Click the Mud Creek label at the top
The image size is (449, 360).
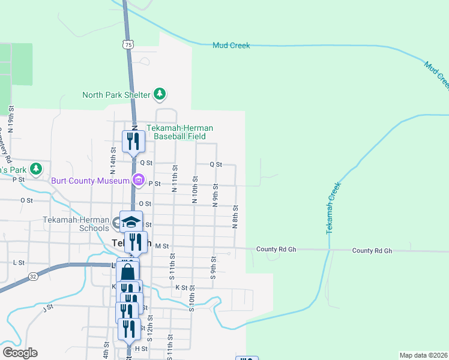click(x=231, y=46)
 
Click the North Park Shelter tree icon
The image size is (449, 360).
click(x=159, y=94)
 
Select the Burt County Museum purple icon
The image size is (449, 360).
click(x=139, y=180)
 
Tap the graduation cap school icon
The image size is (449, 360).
click(x=130, y=222)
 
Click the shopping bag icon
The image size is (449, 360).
click(x=128, y=272)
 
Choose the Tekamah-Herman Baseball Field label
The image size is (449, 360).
click(x=180, y=132)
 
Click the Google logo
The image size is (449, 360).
click(x=20, y=353)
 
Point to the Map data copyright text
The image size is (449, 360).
click(x=423, y=355)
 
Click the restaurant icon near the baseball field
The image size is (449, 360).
click(x=133, y=141)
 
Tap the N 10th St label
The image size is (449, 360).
click(x=194, y=190)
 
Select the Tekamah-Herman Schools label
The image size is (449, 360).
click(x=76, y=223)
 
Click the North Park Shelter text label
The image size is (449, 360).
click(x=116, y=94)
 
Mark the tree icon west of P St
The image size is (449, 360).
click(x=37, y=169)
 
